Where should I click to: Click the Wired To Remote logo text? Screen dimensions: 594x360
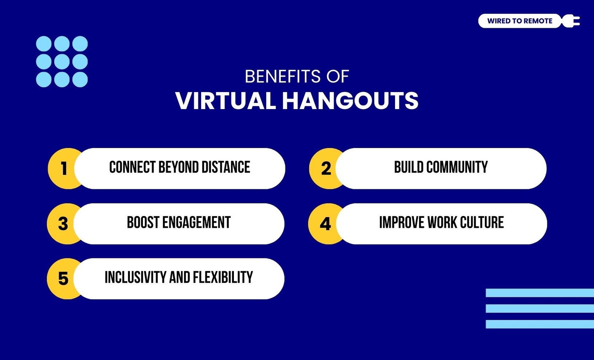coord(519,21)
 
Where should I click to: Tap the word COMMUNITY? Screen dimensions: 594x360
coord(457,167)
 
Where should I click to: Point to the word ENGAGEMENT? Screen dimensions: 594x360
coord(196,222)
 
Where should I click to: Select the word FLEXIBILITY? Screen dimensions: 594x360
coord(223,277)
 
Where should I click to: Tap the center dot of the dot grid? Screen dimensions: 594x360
coord(62,62)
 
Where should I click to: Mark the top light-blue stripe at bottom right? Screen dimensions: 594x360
coord(540,293)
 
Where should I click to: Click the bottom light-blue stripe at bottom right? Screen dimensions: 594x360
coord(540,324)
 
